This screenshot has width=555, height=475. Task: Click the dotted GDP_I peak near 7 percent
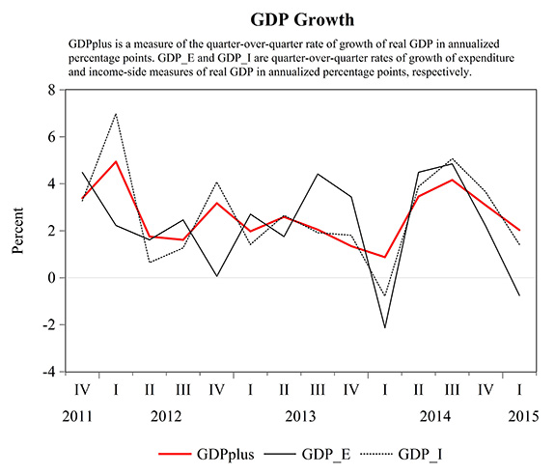(x=117, y=114)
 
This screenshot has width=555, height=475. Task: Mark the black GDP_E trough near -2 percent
(x=385, y=328)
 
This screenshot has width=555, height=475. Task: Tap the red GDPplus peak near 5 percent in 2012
(x=117, y=161)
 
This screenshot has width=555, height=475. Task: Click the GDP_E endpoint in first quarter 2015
(x=519, y=294)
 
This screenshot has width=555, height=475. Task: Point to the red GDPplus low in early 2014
(x=385, y=257)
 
